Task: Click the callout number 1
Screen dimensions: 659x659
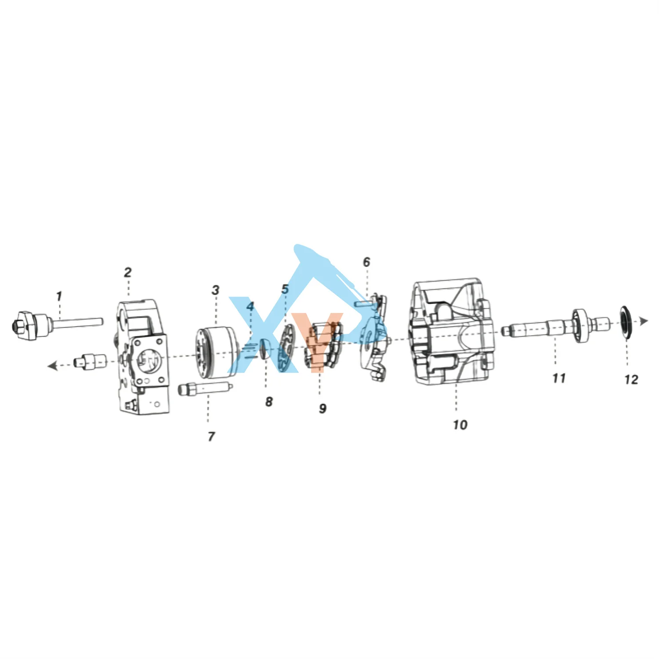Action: [59, 296]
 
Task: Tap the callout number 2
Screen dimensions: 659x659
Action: [127, 272]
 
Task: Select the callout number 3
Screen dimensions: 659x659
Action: [215, 290]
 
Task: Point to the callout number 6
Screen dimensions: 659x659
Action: [366, 262]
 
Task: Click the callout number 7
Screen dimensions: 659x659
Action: [211, 436]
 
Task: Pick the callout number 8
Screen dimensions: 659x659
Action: [269, 402]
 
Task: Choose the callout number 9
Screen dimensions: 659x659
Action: [323, 409]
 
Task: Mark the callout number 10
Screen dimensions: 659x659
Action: [460, 425]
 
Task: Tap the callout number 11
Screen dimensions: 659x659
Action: [559, 378]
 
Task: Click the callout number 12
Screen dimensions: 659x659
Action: [631, 379]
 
